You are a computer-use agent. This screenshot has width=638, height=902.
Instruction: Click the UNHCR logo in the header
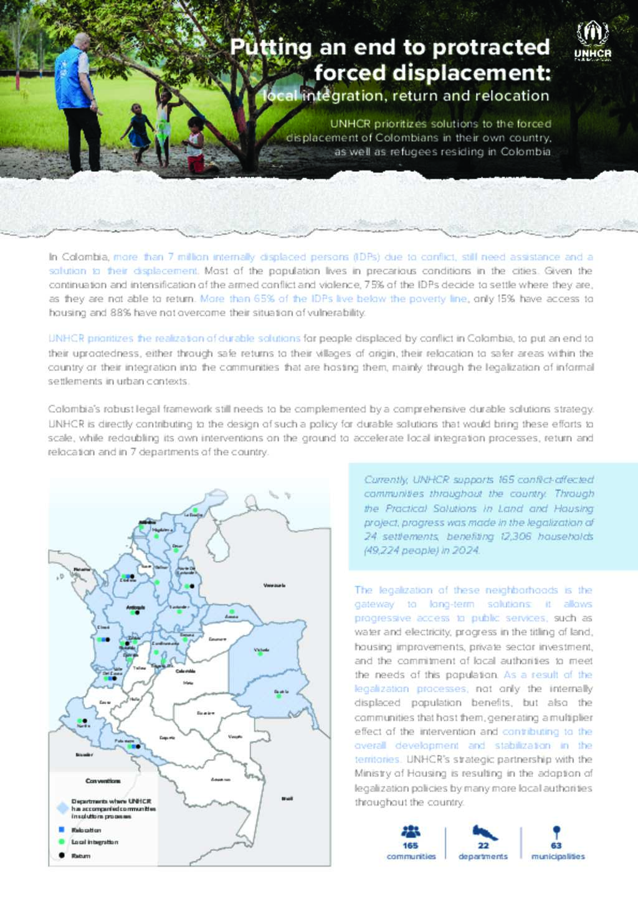(593, 41)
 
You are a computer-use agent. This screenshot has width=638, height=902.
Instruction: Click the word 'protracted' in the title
(491, 47)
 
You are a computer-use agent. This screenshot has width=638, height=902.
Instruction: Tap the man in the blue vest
(77, 100)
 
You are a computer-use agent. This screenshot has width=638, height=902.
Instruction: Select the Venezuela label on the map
(274, 585)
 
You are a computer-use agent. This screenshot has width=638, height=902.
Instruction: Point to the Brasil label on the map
(287, 798)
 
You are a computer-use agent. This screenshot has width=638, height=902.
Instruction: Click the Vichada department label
(261, 649)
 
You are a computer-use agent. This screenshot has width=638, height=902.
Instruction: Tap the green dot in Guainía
(279, 696)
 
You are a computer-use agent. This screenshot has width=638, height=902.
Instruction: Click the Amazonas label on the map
(220, 779)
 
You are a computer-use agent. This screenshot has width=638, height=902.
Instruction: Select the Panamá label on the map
(82, 569)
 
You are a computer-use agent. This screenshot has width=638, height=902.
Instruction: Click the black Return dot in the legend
(62, 855)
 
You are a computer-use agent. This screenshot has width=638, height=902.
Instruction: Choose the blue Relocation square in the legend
(62, 830)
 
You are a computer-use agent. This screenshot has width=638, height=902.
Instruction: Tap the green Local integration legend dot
(62, 842)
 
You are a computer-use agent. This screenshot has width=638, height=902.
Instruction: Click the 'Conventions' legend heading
(103, 781)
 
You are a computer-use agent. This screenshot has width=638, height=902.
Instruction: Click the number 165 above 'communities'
(411, 845)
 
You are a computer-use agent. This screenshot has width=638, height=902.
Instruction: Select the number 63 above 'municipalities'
(556, 845)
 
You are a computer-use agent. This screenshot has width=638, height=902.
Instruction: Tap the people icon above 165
(411, 831)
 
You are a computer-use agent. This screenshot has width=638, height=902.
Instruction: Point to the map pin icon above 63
(557, 832)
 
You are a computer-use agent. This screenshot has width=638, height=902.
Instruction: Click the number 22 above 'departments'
(483, 845)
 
